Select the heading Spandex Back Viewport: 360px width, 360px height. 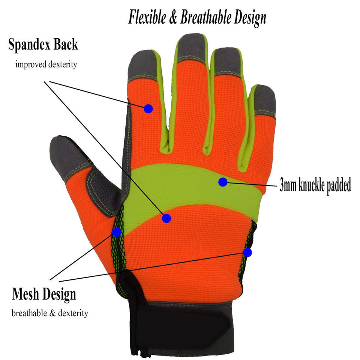coord(43,44)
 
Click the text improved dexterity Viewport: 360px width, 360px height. coord(46,64)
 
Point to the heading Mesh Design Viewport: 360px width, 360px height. coord(44,294)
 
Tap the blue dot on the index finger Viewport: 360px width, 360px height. coord(148,109)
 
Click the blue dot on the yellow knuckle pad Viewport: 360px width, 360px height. coord(223,182)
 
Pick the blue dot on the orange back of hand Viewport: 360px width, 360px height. coord(166,218)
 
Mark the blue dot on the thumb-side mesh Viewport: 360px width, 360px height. coord(117,232)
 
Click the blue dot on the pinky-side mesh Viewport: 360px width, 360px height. coord(247,252)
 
